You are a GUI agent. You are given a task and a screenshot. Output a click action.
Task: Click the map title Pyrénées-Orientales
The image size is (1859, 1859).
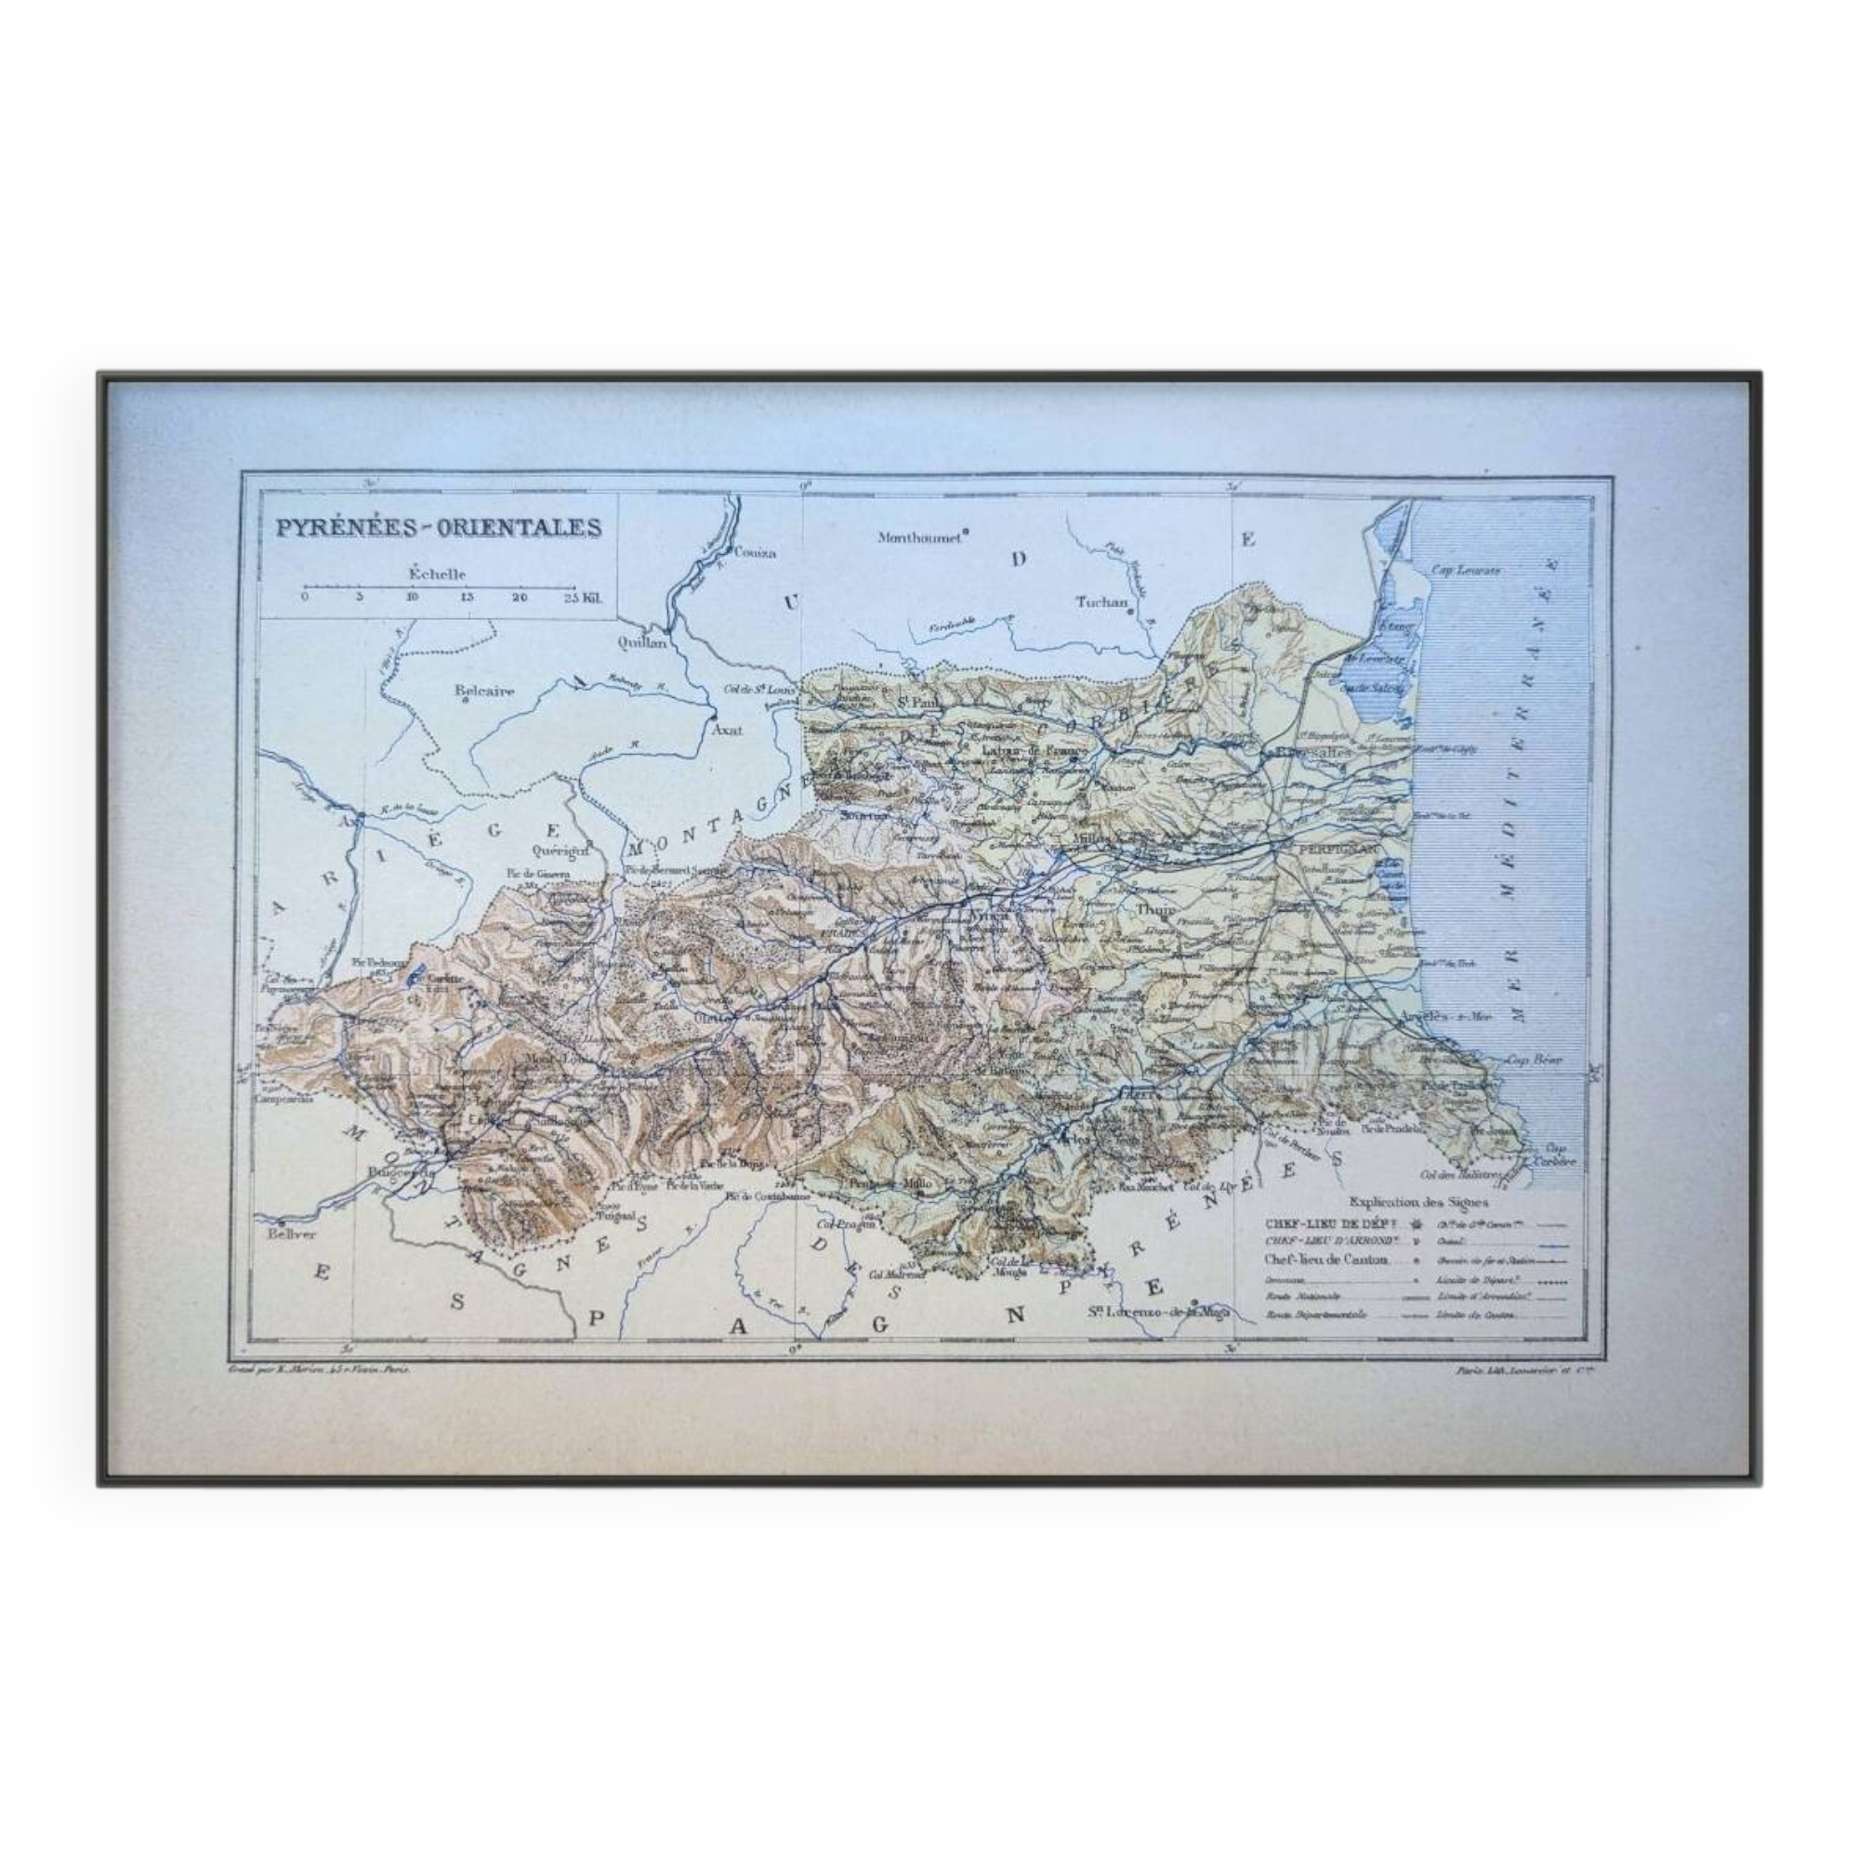(x=439, y=528)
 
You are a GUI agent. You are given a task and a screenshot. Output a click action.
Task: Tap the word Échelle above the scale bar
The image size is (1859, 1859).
(x=437, y=574)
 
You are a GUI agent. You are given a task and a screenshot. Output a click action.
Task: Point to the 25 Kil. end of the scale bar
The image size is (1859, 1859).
(x=583, y=598)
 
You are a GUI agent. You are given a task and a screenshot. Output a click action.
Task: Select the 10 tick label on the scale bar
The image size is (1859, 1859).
(x=412, y=598)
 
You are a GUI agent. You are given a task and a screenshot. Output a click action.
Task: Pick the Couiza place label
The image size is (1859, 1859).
(x=755, y=553)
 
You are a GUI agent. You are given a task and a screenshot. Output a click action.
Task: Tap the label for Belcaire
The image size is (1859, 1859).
(x=485, y=690)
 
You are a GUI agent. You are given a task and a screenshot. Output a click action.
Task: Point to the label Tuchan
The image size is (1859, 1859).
(x=1101, y=602)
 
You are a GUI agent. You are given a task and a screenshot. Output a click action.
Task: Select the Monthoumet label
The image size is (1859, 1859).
(x=920, y=538)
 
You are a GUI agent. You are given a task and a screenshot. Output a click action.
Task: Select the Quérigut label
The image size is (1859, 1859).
(x=559, y=850)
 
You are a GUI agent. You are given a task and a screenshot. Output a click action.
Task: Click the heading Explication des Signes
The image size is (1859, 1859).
(x=1418, y=1202)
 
